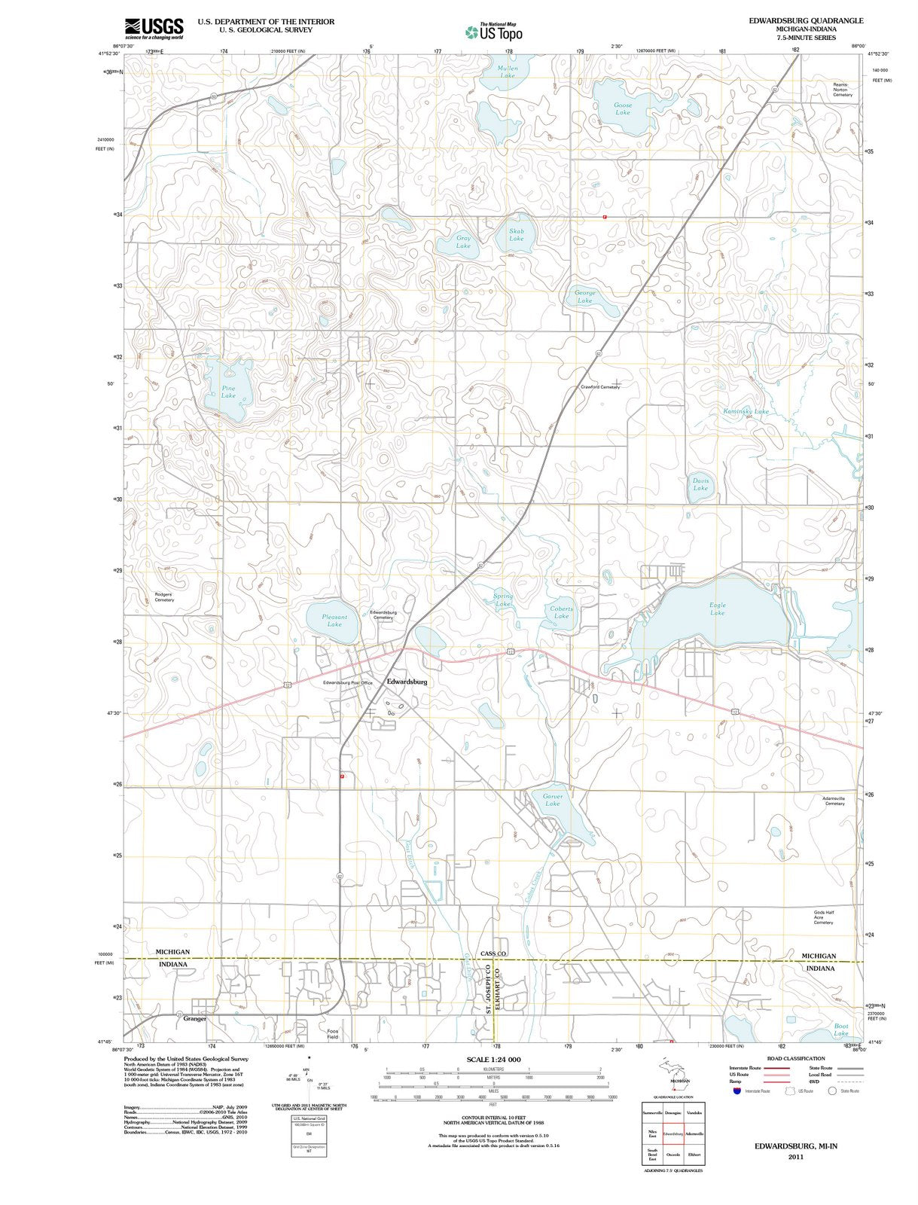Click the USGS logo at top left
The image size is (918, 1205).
(154, 28)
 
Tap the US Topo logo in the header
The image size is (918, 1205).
(494, 32)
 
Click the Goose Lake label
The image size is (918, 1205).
(623, 108)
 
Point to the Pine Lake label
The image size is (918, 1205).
(228, 392)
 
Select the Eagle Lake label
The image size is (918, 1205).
(718, 609)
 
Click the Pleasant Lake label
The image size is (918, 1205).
(334, 620)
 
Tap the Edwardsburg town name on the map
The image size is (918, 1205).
(407, 682)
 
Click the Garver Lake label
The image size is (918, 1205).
(553, 800)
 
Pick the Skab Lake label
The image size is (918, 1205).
(516, 235)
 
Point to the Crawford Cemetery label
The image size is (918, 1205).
(600, 387)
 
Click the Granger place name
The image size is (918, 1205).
(194, 1018)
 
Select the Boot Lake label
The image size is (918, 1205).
(841, 1030)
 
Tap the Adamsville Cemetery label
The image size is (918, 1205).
(834, 800)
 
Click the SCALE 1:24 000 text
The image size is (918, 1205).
(493, 1060)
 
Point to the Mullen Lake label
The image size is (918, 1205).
(508, 72)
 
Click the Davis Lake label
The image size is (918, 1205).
(700, 484)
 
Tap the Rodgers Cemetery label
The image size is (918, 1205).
(163, 597)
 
